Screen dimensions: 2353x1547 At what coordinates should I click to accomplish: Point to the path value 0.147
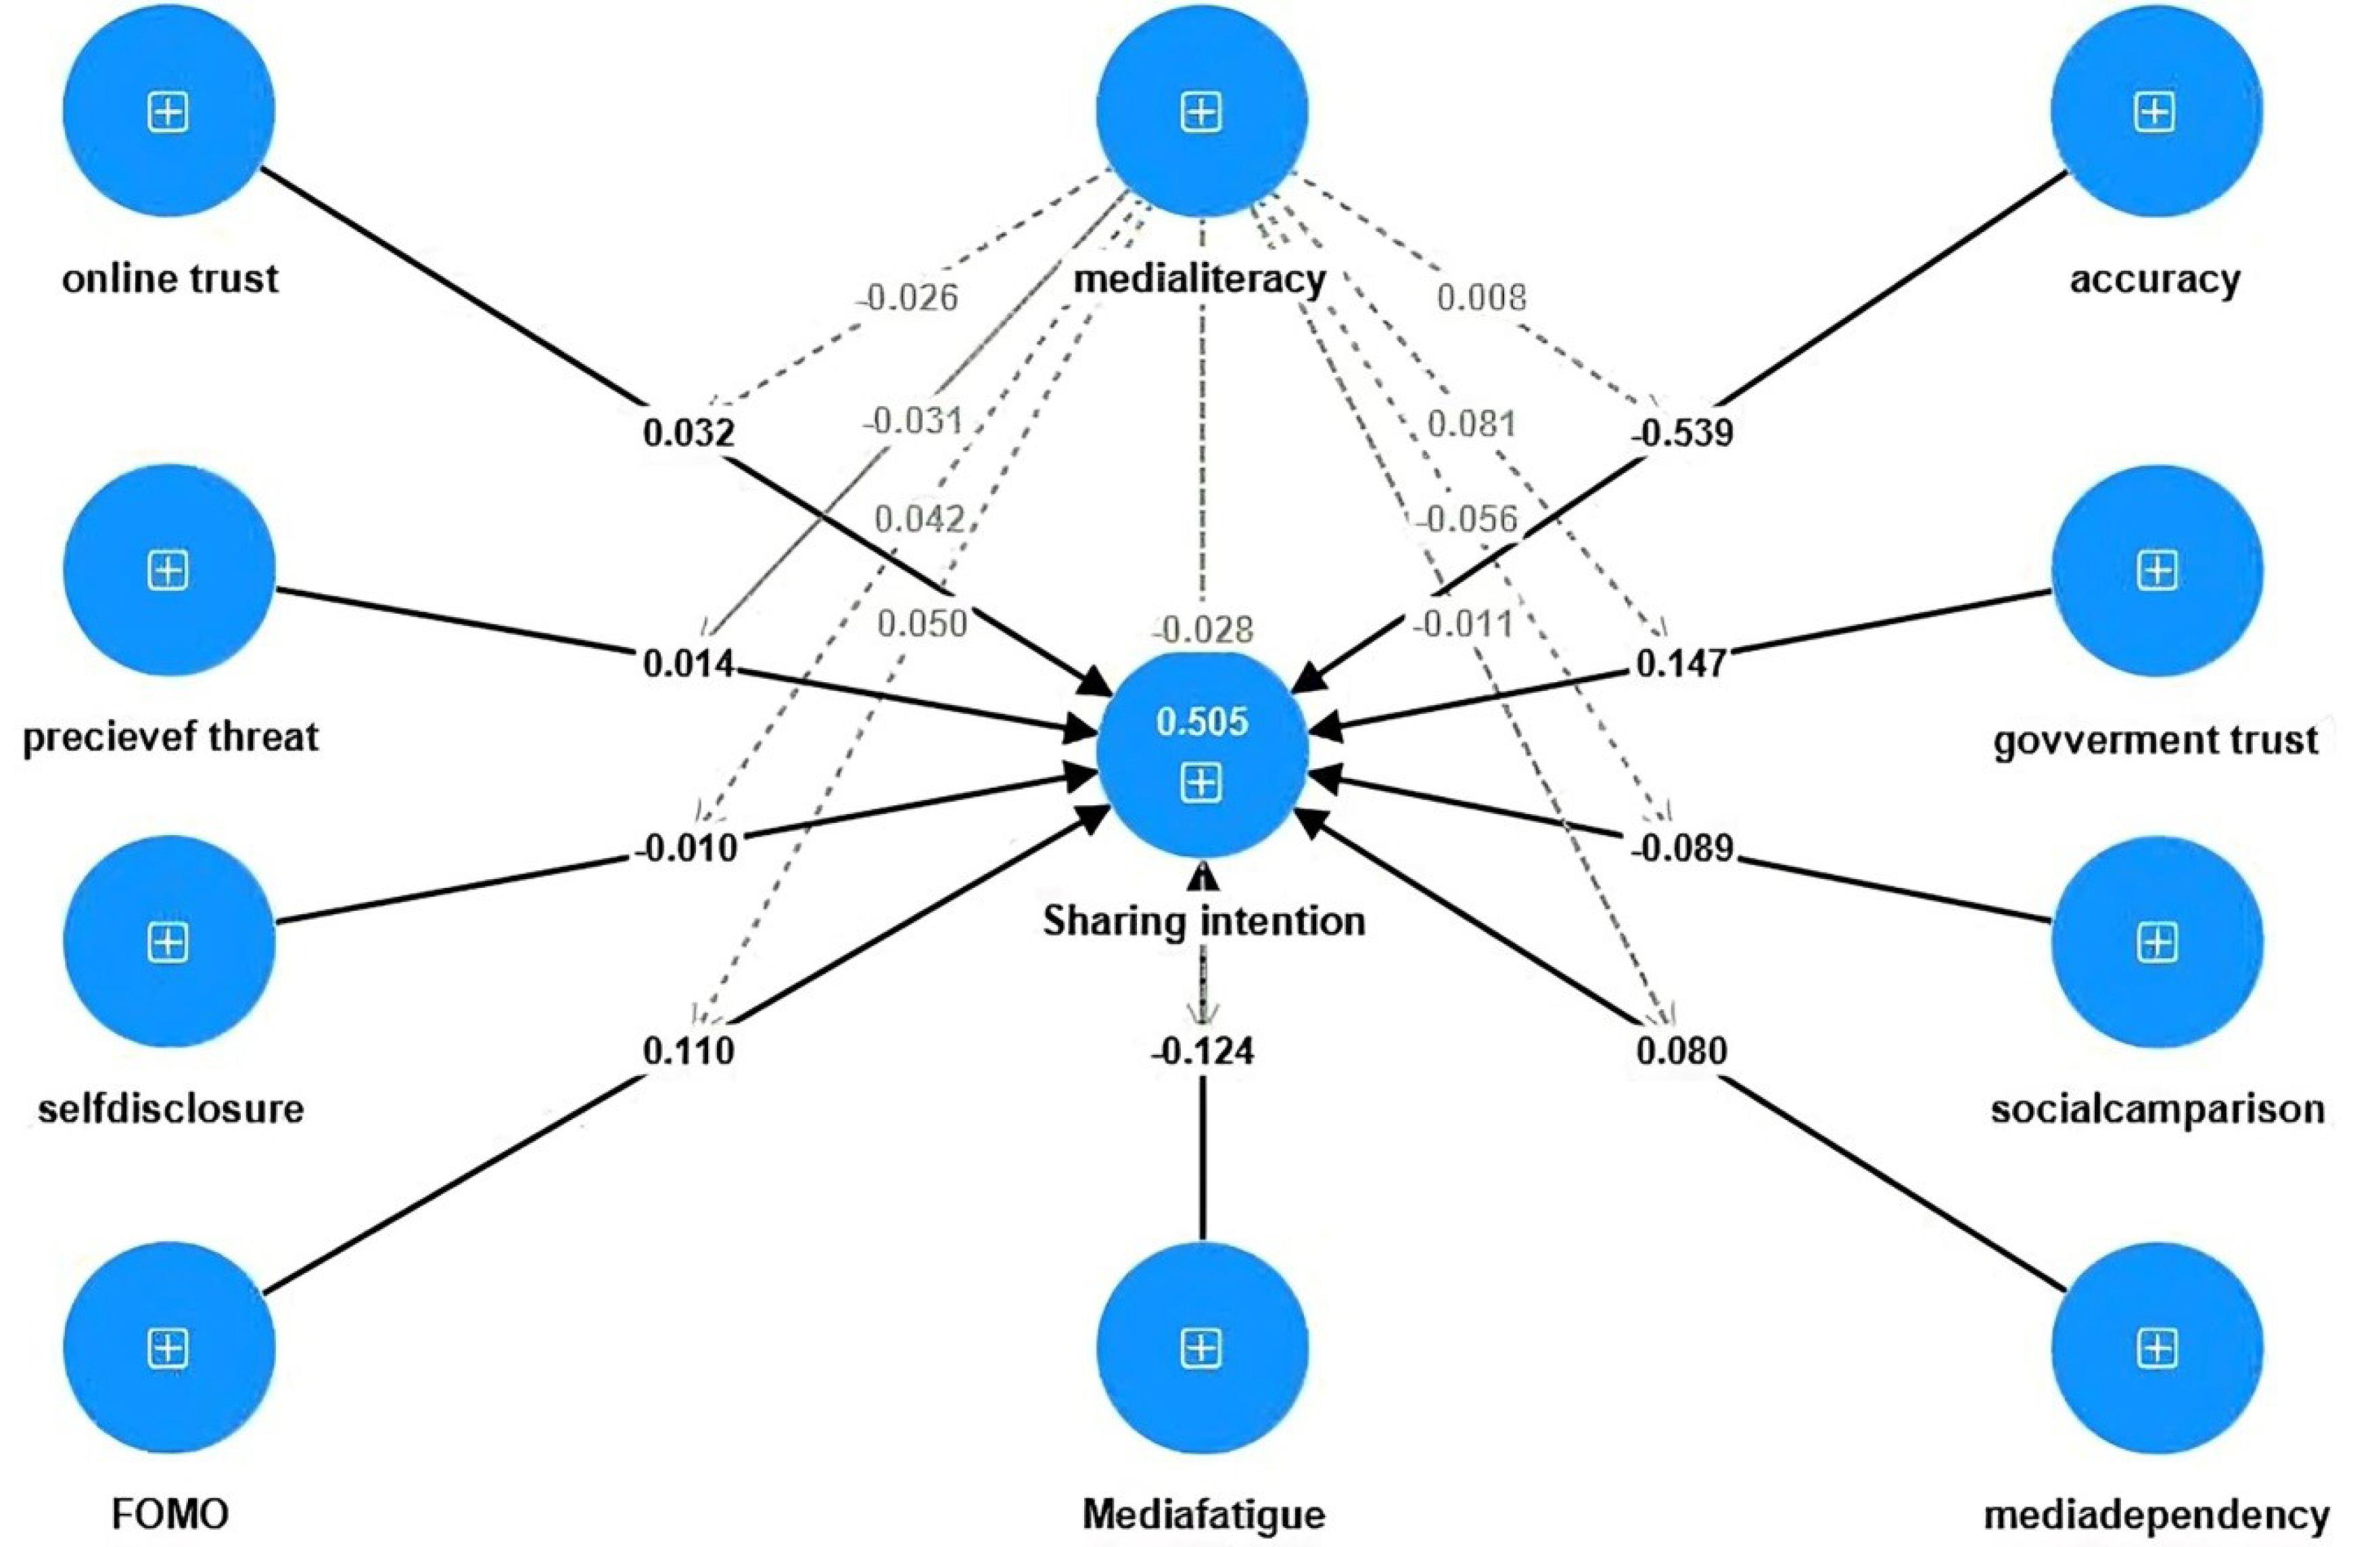point(1681,664)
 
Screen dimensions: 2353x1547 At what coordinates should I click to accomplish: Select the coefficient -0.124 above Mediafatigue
point(1201,1050)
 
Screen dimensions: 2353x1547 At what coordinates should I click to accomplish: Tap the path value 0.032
point(689,433)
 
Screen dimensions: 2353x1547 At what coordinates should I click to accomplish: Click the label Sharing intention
point(1204,921)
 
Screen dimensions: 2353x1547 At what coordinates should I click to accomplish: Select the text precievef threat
point(170,737)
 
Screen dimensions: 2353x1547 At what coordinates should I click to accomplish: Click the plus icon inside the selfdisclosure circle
point(168,943)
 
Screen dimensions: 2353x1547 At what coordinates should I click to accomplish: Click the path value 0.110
point(689,1050)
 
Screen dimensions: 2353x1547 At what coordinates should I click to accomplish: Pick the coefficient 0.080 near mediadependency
point(1681,1050)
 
